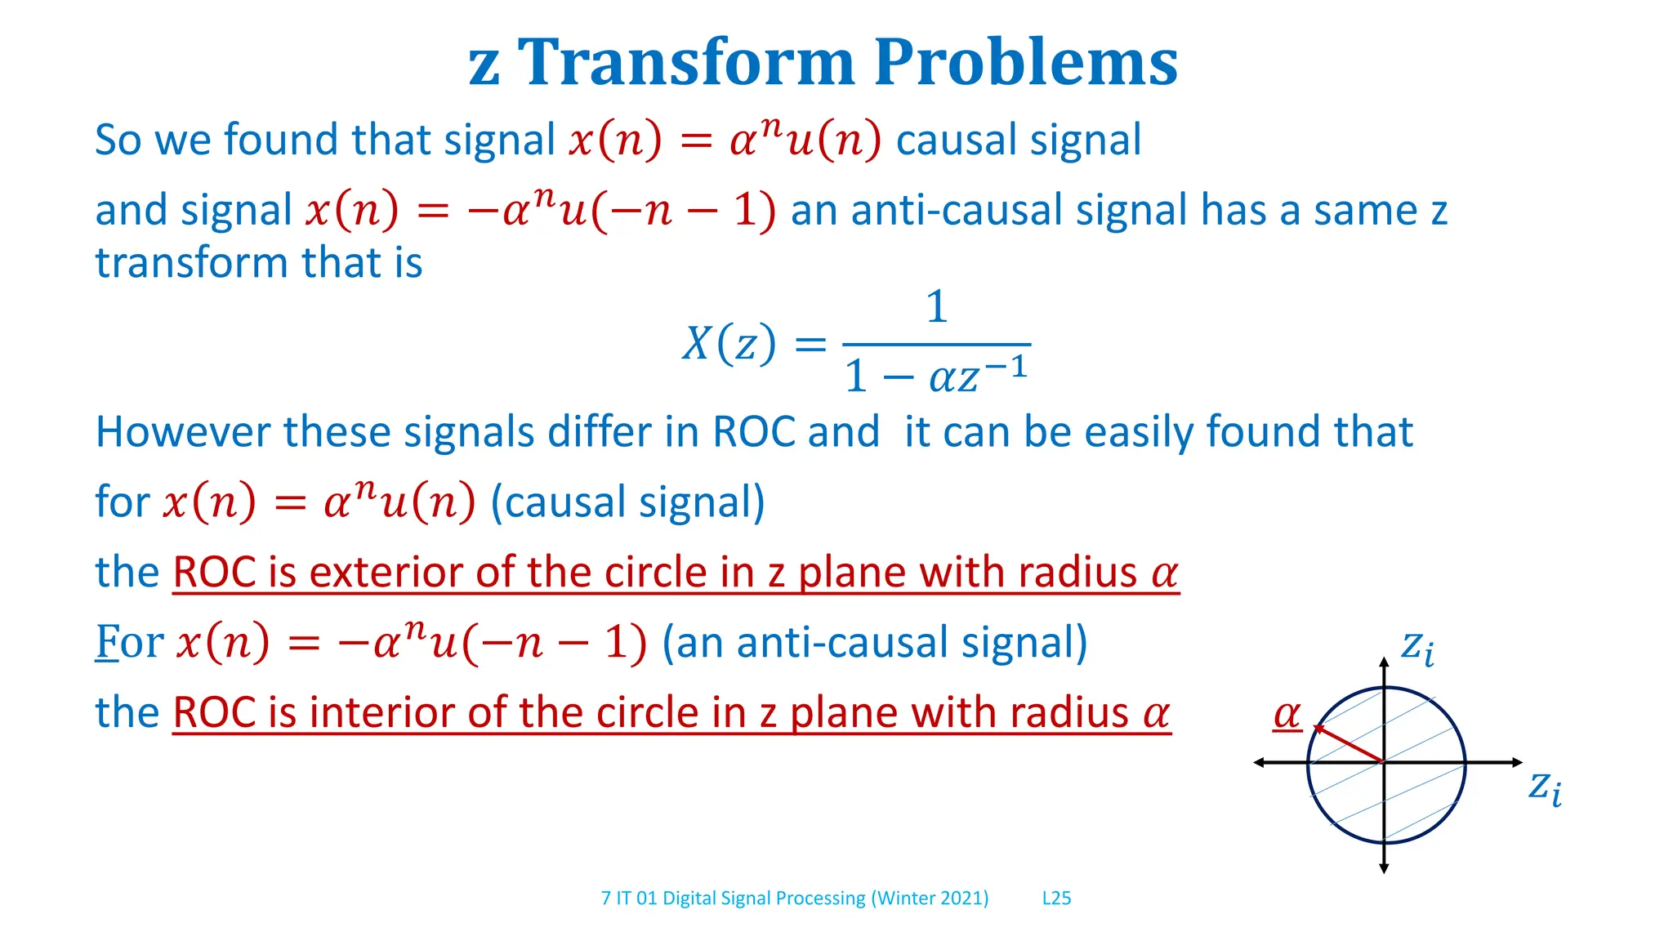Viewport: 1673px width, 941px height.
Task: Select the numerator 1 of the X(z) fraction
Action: pyautogui.click(x=937, y=308)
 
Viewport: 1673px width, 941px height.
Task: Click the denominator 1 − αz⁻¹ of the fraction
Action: pyautogui.click(x=936, y=375)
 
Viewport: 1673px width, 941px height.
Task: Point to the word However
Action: pyautogui.click(x=182, y=432)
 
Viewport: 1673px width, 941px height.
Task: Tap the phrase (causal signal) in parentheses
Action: pyautogui.click(x=627, y=502)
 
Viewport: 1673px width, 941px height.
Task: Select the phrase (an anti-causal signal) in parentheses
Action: pyautogui.click(x=874, y=642)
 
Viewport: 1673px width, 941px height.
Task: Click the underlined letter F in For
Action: pyautogui.click(x=107, y=642)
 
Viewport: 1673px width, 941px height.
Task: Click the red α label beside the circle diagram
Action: pyautogui.click(x=1287, y=715)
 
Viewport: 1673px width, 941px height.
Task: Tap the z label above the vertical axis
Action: pyautogui.click(x=1416, y=647)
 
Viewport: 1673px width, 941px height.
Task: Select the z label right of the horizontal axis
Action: pyautogui.click(x=1544, y=787)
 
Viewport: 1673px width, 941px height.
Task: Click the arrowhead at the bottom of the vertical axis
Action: pyautogui.click(x=1384, y=868)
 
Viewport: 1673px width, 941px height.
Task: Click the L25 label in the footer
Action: pyautogui.click(x=1056, y=899)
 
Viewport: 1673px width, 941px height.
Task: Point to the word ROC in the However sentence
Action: pyautogui.click(x=753, y=432)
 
